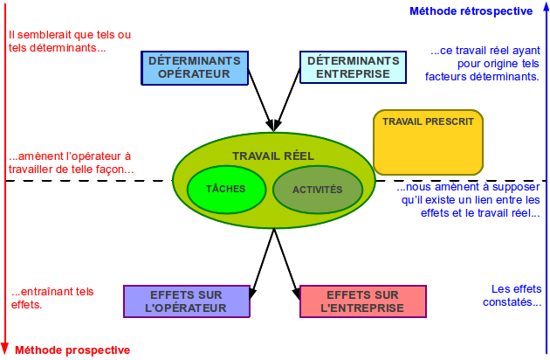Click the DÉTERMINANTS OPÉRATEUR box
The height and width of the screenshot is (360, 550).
click(x=195, y=68)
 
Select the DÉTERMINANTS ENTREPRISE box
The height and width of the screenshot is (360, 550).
click(x=354, y=67)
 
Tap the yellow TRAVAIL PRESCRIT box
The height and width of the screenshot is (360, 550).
click(x=429, y=142)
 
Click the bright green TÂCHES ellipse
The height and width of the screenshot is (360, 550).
click(x=226, y=190)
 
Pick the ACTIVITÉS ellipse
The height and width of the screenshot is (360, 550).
click(x=318, y=190)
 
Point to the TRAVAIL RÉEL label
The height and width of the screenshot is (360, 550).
click(x=273, y=156)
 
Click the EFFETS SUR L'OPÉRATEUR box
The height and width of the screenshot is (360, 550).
click(x=187, y=301)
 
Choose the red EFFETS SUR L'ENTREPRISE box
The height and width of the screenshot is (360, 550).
click(x=363, y=301)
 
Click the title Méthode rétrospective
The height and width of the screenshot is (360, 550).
click(x=471, y=11)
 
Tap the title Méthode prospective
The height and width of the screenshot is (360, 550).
click(x=72, y=350)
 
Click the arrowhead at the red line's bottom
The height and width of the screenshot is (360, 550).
click(x=4, y=349)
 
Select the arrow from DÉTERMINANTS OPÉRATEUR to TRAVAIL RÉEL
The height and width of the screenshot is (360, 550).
click(x=260, y=100)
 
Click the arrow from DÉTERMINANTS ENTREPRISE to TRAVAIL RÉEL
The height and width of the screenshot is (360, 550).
click(x=287, y=100)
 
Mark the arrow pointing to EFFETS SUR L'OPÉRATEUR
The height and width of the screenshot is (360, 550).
click(x=262, y=264)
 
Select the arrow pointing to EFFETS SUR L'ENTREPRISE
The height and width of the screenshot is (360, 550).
click(x=287, y=264)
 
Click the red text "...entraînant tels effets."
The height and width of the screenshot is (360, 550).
click(x=52, y=298)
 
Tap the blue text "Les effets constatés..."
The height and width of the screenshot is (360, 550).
click(x=512, y=295)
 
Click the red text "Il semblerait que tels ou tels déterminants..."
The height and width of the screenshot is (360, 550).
click(x=70, y=41)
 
